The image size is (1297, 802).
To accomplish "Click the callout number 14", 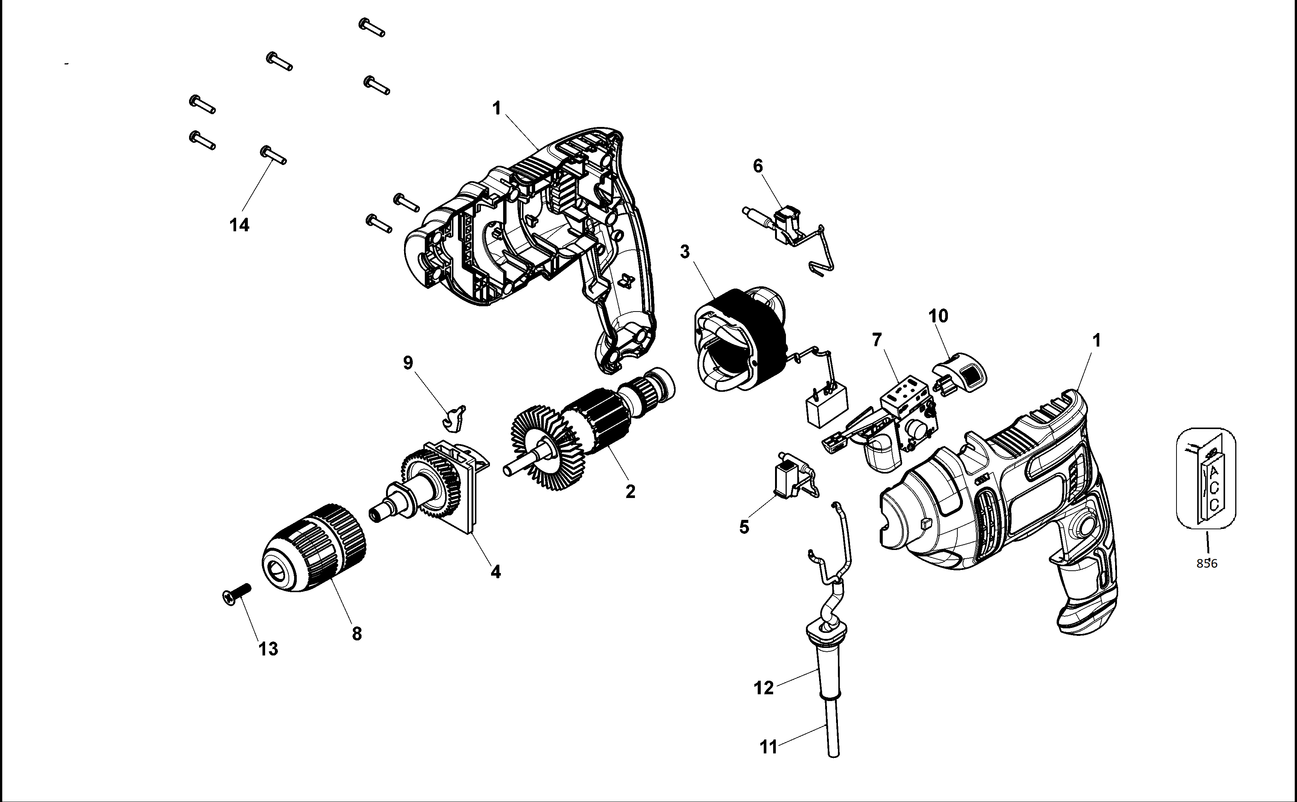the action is point(239,225).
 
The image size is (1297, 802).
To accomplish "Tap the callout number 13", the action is point(268,649).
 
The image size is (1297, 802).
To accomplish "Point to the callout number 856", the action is point(1207,563).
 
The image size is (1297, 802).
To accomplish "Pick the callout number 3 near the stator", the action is point(685,252).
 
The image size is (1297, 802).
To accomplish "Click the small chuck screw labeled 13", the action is point(236,596).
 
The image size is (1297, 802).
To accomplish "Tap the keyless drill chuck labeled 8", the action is point(314,549).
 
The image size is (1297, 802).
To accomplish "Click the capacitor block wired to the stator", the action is point(826,405).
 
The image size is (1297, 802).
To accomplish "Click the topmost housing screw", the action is point(372,27).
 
